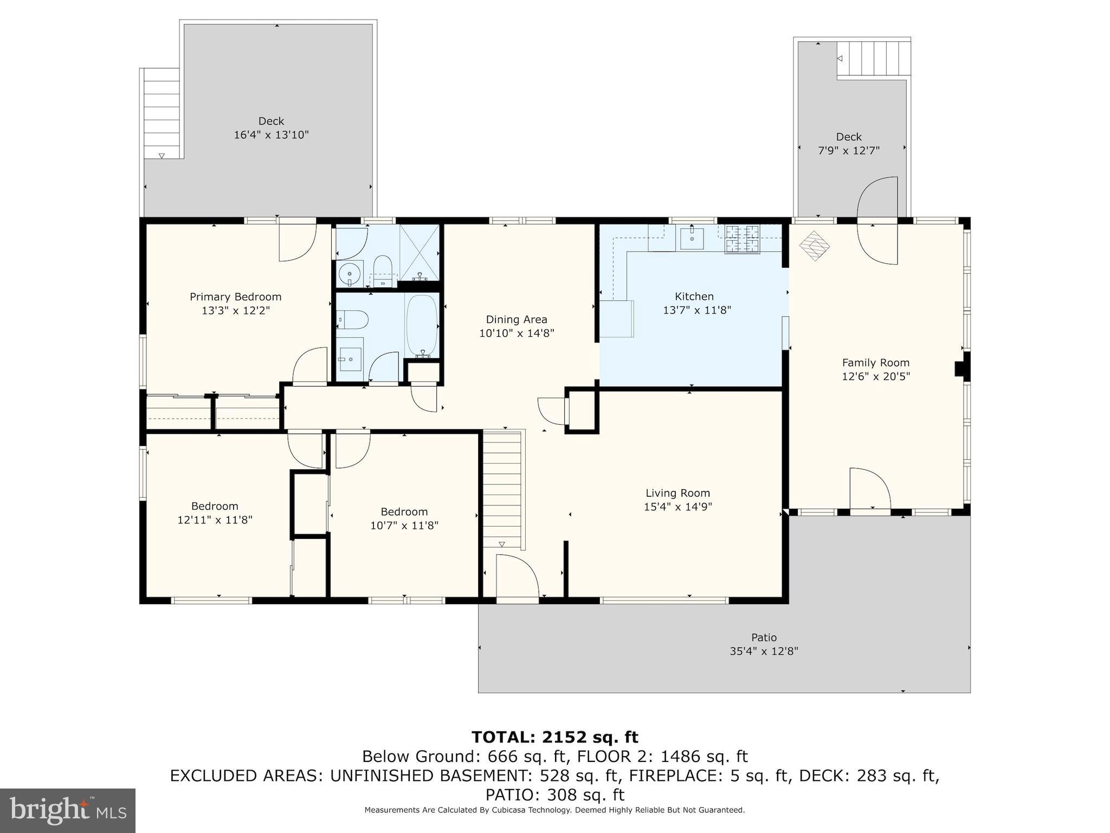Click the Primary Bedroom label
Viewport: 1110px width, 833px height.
[235, 297]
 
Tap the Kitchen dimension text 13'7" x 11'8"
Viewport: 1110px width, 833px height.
[697, 310]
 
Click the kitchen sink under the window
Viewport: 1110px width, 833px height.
[692, 238]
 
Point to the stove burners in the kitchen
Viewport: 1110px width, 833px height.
[742, 239]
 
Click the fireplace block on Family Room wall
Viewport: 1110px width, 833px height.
[961, 368]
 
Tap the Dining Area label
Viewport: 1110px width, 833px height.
[517, 319]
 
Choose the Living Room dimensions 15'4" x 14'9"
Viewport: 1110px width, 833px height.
[677, 507]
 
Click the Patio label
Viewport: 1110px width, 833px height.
[764, 637]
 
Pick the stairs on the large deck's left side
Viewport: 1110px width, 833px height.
[162, 114]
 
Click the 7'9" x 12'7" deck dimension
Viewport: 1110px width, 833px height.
[848, 150]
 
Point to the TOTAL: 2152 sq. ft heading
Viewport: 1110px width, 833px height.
[554, 737]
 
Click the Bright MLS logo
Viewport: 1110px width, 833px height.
[67, 810]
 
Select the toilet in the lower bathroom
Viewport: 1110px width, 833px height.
[353, 320]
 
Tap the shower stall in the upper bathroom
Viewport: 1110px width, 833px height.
[419, 252]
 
